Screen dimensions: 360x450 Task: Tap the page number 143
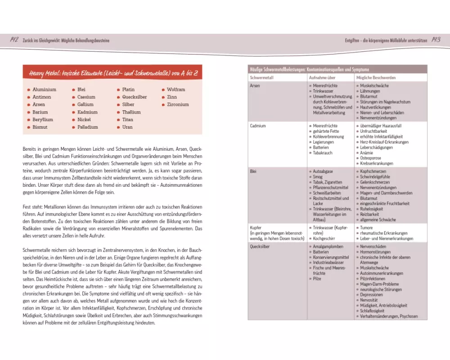(436, 40)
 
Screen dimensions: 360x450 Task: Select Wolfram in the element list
(176, 90)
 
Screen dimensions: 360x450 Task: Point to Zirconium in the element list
(178, 104)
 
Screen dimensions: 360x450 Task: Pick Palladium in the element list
(87, 127)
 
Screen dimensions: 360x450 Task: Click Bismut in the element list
(40, 127)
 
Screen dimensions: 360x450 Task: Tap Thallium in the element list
(131, 112)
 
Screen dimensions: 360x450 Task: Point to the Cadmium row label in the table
(258, 126)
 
